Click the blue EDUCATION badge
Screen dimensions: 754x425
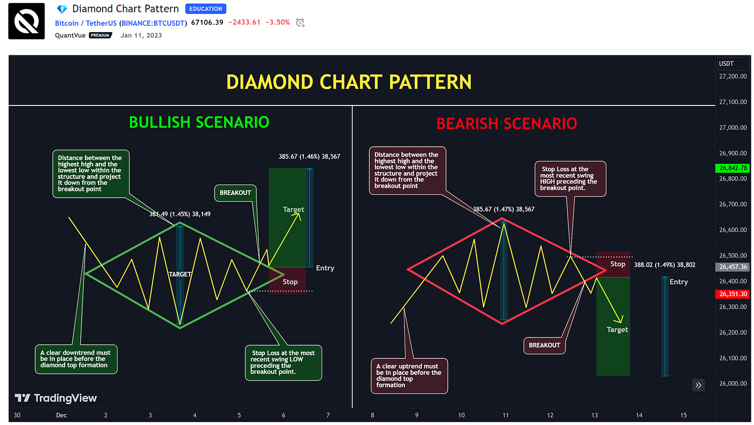[x=205, y=9]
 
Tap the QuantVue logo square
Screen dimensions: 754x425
[x=26, y=21]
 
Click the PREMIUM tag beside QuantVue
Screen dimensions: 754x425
[x=100, y=35]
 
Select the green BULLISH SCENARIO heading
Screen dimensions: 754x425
[x=199, y=123]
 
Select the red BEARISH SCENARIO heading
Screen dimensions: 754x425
[x=506, y=124]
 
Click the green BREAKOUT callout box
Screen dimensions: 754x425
[x=235, y=193]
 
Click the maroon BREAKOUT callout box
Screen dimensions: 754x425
[x=544, y=345]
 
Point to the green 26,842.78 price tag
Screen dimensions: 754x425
[x=733, y=168]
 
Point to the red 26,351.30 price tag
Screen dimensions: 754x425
[x=733, y=294]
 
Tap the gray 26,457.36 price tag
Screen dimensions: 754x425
[x=733, y=267]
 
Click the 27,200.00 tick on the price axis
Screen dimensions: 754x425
[x=733, y=77]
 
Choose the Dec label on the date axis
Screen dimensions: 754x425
[x=61, y=415]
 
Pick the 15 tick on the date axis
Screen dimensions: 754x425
[x=684, y=415]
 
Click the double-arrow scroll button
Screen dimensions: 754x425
[x=699, y=385]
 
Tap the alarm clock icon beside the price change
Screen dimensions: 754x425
[x=300, y=23]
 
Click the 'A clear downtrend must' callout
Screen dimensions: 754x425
[x=76, y=359]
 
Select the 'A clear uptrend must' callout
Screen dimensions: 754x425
[x=409, y=376]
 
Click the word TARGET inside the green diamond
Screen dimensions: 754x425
[x=180, y=275]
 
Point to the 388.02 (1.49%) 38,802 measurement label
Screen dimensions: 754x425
[x=664, y=265]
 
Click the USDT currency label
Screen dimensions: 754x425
[x=726, y=64]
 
